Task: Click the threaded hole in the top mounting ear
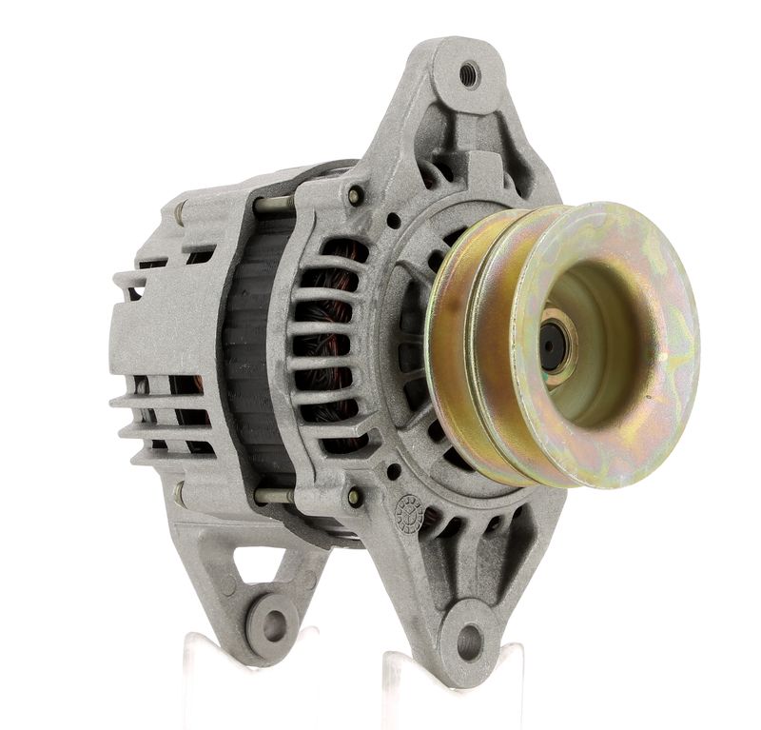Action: click(469, 74)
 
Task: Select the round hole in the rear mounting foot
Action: click(273, 624)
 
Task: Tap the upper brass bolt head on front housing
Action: click(356, 196)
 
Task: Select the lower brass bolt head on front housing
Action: click(355, 497)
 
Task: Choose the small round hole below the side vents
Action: click(393, 470)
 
